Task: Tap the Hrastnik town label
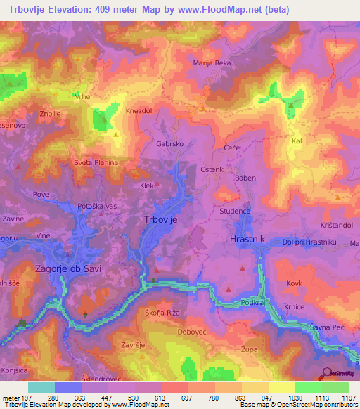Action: point(247,240)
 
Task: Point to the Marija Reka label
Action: point(212,63)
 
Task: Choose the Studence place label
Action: point(234,211)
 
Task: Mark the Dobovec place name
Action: point(191,331)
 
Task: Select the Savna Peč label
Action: point(326,327)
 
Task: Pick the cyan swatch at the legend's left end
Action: point(41,387)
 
